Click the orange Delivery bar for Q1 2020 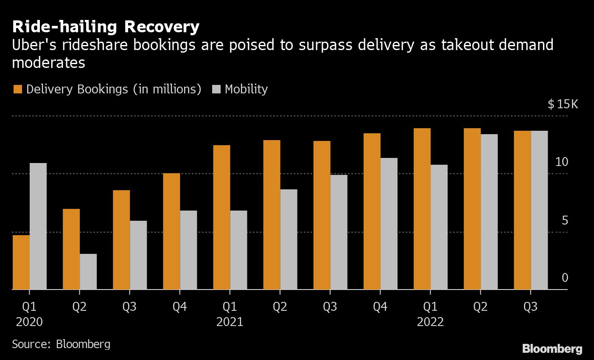click(x=21, y=262)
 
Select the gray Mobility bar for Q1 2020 click(x=38, y=226)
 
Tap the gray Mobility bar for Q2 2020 click(x=88, y=271)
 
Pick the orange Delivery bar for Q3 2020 click(x=121, y=239)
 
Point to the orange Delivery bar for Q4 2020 click(x=171, y=231)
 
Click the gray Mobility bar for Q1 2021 click(x=238, y=250)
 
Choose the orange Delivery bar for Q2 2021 click(x=272, y=214)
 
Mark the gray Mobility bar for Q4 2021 click(x=389, y=223)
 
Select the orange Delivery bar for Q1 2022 click(x=422, y=208)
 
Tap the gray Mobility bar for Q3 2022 click(x=539, y=210)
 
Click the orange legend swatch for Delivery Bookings click(x=17, y=89)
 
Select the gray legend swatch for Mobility click(x=216, y=89)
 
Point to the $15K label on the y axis click(x=563, y=104)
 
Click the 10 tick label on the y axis click(x=561, y=162)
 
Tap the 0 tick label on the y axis click(x=565, y=278)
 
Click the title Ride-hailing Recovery click(x=106, y=27)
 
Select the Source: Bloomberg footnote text click(x=61, y=344)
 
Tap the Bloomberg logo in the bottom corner click(x=552, y=349)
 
